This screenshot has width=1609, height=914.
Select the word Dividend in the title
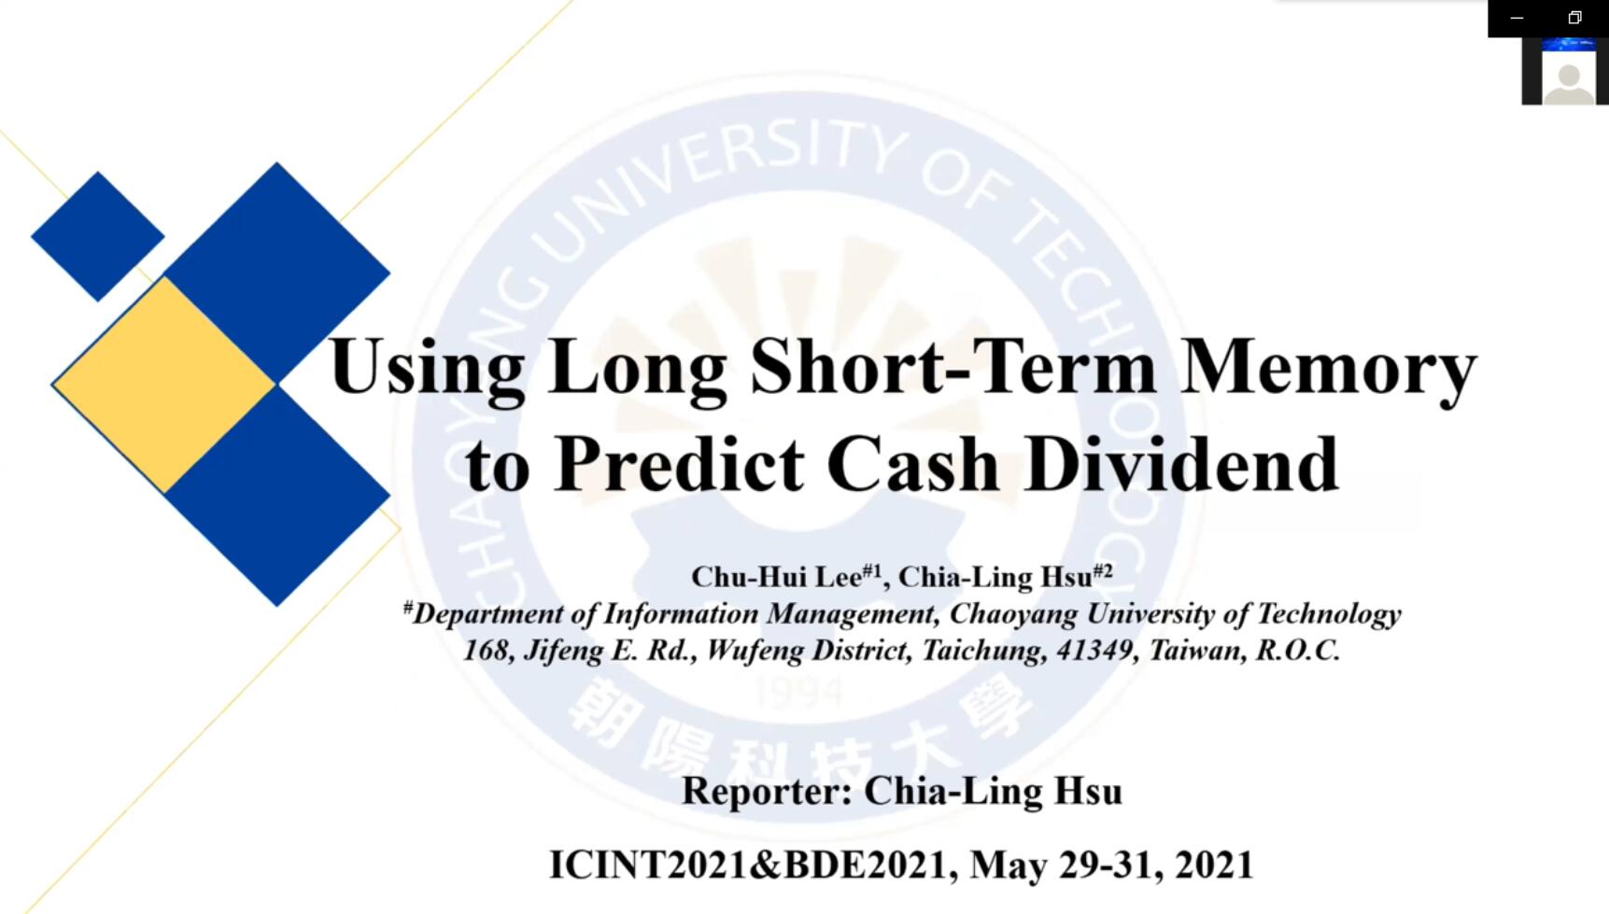[1181, 464]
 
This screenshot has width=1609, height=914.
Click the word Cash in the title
[913, 464]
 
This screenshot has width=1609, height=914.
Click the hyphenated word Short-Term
[953, 367]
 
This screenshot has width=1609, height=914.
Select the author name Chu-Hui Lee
[776, 577]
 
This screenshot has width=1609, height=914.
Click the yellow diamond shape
[164, 385]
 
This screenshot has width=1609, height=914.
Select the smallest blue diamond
[98, 236]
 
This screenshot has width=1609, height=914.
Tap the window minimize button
[1517, 18]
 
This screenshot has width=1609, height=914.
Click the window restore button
[1574, 18]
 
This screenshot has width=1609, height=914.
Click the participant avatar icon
[1568, 78]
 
